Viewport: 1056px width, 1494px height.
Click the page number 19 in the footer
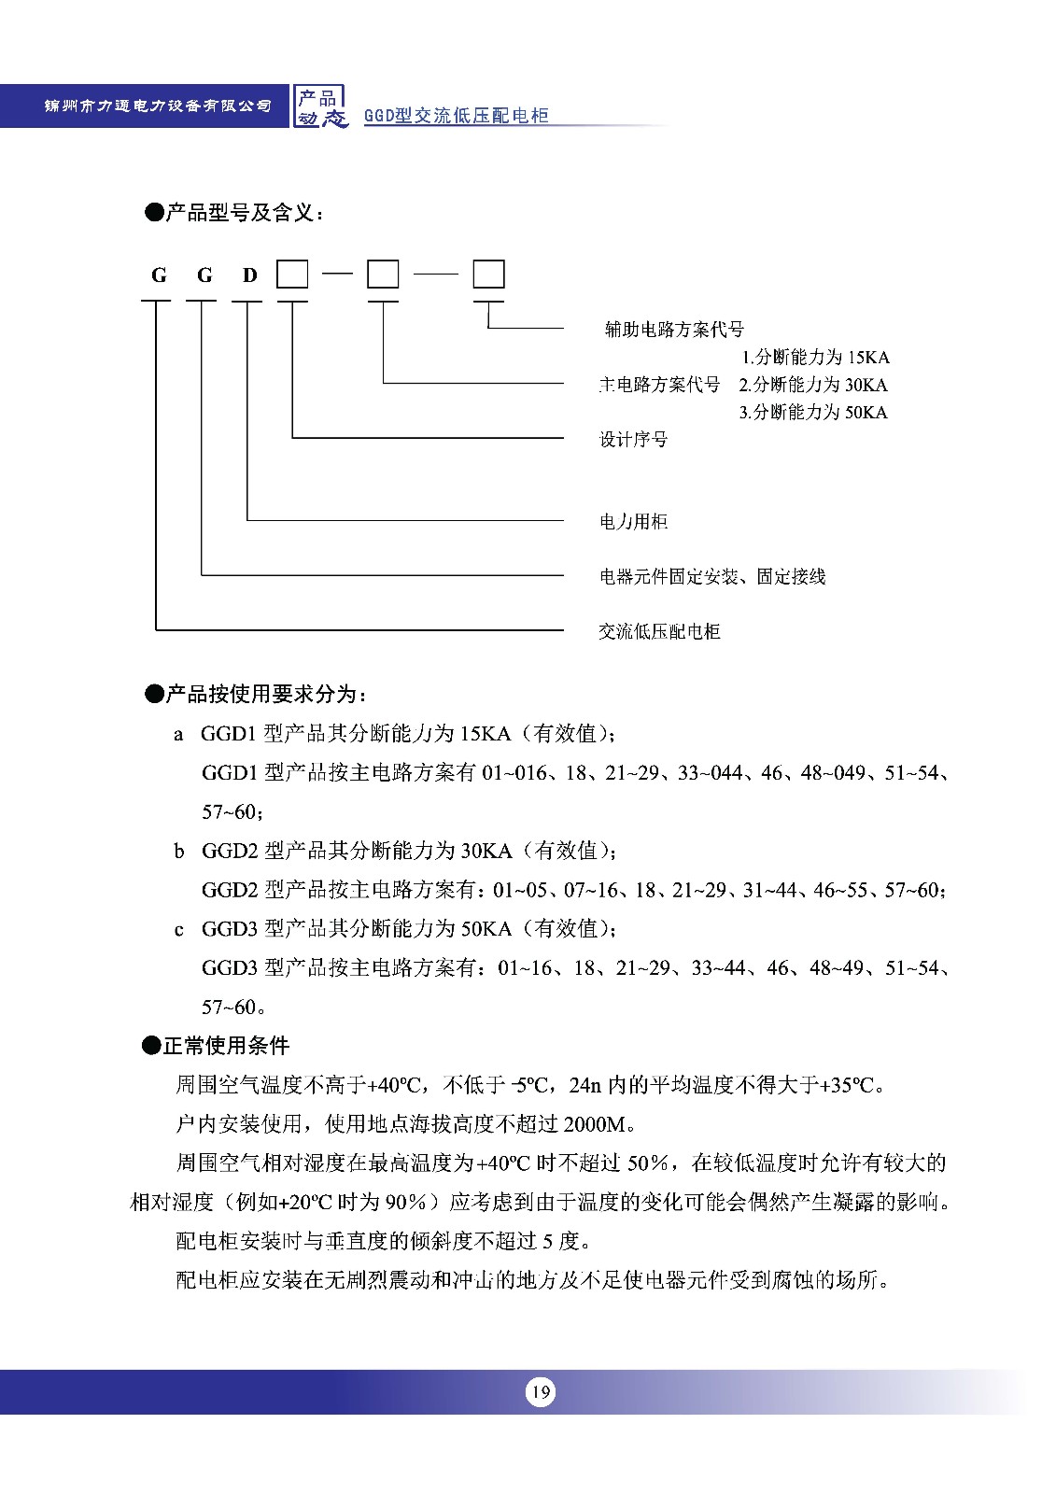point(540,1392)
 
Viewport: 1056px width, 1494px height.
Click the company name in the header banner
point(158,106)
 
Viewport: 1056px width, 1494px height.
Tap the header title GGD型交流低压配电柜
point(456,116)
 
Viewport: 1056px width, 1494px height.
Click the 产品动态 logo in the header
point(320,106)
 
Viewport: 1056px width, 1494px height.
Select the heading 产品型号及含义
point(234,213)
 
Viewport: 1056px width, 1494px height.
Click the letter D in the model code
point(249,275)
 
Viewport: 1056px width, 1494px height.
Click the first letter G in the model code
point(159,275)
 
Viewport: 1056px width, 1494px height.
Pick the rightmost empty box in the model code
point(488,275)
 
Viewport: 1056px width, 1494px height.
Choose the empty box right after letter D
point(292,275)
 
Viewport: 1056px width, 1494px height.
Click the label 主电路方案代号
point(659,385)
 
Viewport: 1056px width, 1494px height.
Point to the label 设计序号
point(633,439)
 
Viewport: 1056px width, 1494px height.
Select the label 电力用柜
point(633,521)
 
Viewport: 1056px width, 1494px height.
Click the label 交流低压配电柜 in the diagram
point(659,631)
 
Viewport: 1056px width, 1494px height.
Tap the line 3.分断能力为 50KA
point(813,412)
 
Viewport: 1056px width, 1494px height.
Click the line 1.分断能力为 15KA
point(815,357)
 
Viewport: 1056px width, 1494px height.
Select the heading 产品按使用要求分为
point(256,694)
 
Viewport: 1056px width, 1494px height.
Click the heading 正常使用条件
point(216,1045)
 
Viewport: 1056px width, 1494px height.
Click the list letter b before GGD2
point(179,851)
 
